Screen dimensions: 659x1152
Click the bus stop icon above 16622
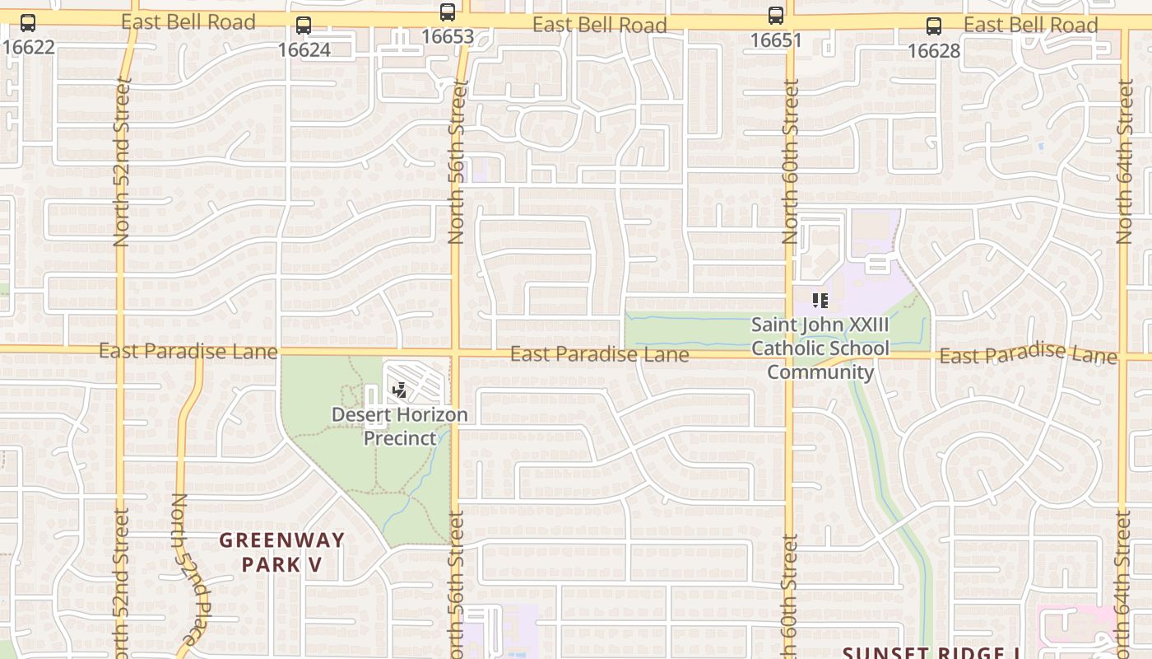click(28, 23)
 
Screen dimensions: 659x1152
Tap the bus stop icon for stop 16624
click(304, 26)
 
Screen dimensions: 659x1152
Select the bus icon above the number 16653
click(448, 12)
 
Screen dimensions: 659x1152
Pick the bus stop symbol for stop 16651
click(776, 15)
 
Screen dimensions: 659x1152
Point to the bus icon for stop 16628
click(934, 26)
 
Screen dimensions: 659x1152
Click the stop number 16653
click(448, 36)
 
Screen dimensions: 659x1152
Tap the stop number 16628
click(934, 51)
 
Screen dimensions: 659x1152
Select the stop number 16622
click(28, 47)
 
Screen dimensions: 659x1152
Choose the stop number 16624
click(304, 49)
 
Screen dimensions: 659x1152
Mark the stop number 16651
click(776, 40)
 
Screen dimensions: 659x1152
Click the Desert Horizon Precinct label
click(400, 426)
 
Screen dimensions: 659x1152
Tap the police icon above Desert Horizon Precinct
click(400, 390)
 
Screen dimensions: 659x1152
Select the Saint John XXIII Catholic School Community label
click(820, 348)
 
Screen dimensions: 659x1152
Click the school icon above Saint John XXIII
click(820, 301)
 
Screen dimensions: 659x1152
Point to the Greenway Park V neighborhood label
click(281, 552)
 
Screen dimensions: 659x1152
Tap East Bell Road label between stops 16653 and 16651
click(599, 25)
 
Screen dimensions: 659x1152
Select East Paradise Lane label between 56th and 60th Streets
click(599, 354)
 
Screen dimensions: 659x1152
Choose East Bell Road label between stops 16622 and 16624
click(188, 21)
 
